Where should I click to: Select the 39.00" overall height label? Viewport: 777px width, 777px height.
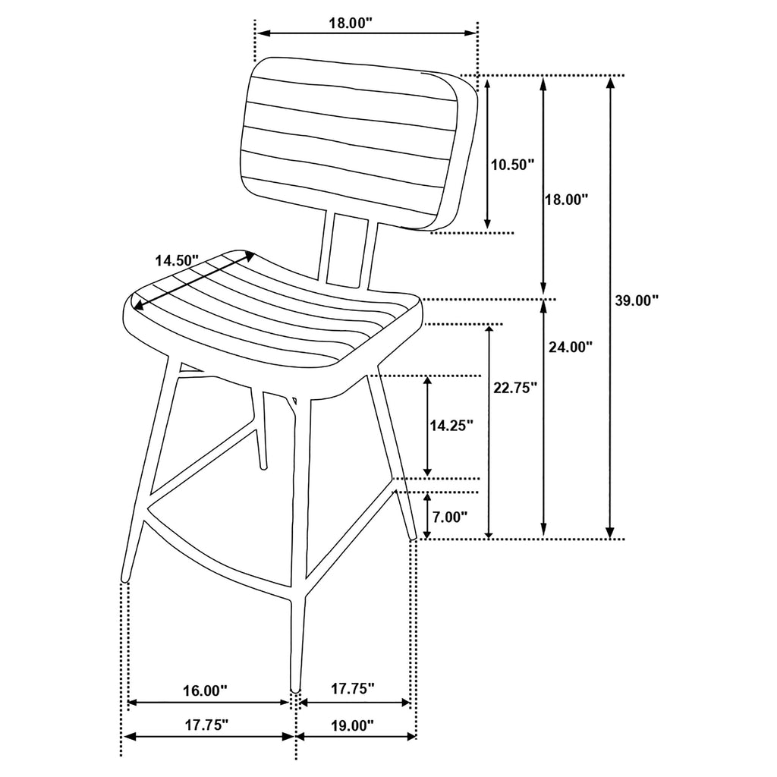point(636,300)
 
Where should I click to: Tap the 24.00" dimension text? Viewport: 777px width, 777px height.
point(570,347)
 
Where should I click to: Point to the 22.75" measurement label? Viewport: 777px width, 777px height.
point(515,387)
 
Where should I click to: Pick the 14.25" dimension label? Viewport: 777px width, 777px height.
point(451,426)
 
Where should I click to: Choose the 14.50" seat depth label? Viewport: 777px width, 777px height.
point(176,260)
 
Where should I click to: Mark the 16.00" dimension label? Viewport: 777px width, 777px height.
point(205,690)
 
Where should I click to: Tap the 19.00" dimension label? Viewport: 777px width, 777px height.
point(353,725)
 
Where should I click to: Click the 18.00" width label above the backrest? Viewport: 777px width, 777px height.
point(351,23)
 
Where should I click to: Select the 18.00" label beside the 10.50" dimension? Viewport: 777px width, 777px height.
point(567,200)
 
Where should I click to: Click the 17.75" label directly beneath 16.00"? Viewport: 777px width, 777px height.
point(206,725)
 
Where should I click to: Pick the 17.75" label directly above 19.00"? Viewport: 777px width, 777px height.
point(353,689)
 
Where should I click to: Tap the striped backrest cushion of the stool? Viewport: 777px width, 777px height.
point(353,144)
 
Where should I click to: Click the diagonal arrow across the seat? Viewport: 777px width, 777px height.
point(193,281)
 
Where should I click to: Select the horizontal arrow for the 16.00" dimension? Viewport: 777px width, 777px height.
point(209,703)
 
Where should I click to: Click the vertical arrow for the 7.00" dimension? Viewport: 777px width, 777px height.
point(426,516)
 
